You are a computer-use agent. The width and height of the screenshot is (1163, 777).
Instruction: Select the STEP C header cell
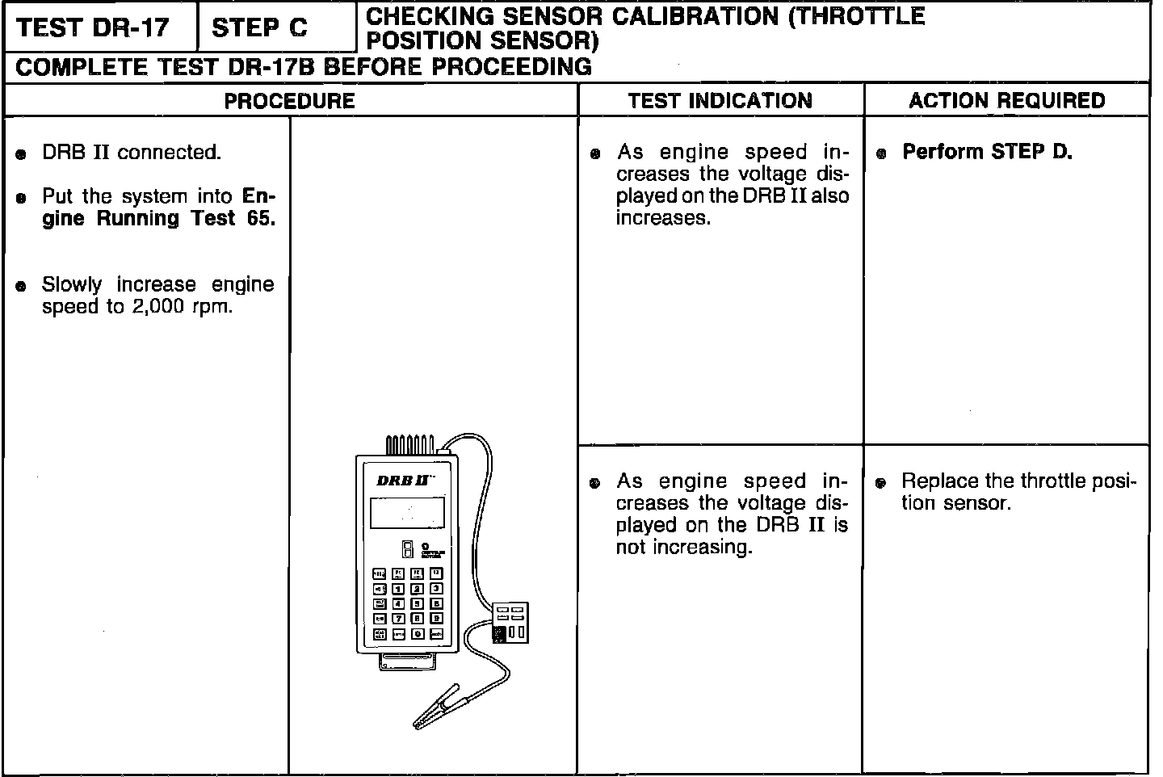point(259,27)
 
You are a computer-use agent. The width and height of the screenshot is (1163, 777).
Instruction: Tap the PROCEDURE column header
point(289,101)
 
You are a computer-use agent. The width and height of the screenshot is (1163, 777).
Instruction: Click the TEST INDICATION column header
point(720,101)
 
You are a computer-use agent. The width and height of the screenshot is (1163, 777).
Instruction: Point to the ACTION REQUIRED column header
point(1006,101)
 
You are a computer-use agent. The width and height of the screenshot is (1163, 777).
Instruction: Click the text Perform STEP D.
point(987,152)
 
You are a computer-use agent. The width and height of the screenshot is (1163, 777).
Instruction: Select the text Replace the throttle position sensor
point(1018,492)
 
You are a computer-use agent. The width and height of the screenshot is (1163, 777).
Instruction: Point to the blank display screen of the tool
point(407,512)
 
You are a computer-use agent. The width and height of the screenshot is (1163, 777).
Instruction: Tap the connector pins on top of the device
point(409,445)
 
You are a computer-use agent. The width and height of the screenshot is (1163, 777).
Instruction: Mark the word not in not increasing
point(632,547)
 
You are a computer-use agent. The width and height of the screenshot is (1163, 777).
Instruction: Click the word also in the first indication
point(829,196)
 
